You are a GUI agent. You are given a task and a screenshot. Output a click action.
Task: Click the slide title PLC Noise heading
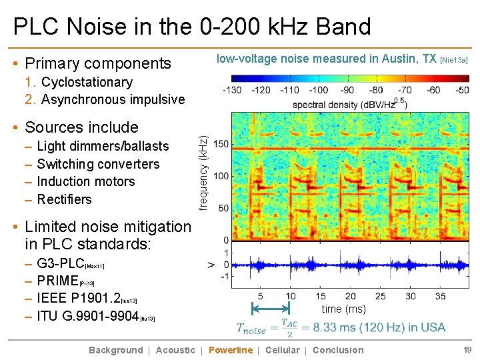click(x=192, y=27)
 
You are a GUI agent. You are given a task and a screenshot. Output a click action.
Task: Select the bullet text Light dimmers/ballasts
click(x=103, y=146)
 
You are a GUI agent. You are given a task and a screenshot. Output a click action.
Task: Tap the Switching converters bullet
click(x=98, y=164)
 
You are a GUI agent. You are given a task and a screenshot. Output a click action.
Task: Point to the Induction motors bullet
click(x=86, y=181)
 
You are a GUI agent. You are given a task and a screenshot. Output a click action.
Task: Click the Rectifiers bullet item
click(x=65, y=199)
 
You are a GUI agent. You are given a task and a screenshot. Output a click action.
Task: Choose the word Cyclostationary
click(x=87, y=82)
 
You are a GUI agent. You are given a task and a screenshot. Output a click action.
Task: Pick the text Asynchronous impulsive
click(x=113, y=99)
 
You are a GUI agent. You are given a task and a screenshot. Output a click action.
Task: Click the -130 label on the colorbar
click(x=232, y=90)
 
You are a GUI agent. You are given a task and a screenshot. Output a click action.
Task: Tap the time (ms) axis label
click(x=344, y=309)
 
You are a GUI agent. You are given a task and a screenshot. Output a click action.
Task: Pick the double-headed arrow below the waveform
click(x=271, y=309)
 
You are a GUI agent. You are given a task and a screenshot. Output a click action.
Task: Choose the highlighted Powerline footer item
click(x=231, y=350)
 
